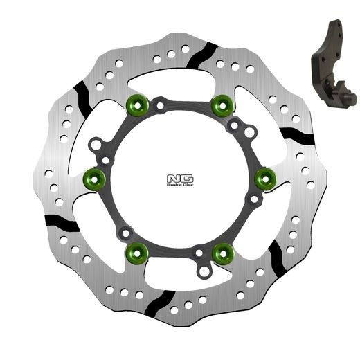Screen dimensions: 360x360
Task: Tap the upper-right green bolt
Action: (221, 105)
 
